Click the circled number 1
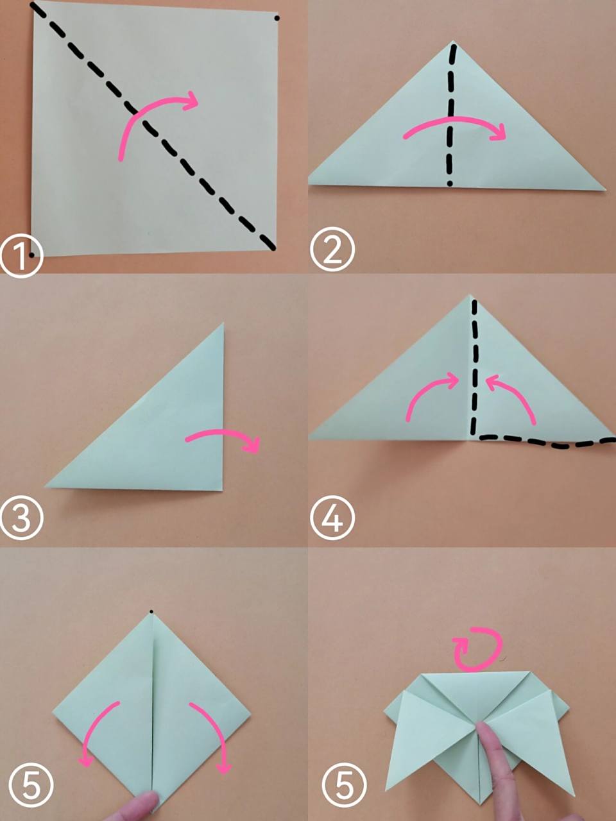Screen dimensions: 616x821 pos(21,256)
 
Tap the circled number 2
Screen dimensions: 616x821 pos(332,250)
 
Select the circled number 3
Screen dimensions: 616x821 pos(21,518)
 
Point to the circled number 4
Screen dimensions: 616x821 pos(332,518)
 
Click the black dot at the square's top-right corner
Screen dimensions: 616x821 pos(277,18)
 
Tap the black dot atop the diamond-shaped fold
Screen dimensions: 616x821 pos(151,612)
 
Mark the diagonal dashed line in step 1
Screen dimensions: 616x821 pos(153,126)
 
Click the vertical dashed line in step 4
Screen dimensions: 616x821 pos(475,368)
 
